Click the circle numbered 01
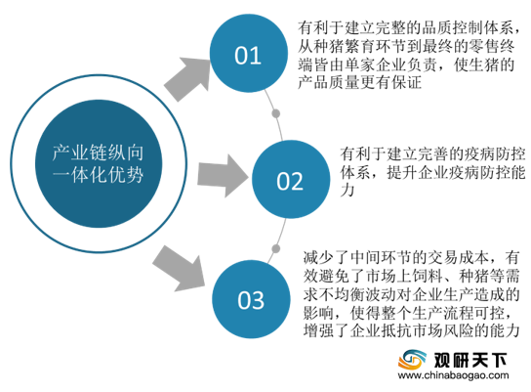pos(249,53)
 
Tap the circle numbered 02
pos(291,180)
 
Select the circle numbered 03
pos(251,299)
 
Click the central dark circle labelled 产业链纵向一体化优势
pos(99,163)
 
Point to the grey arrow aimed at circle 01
pos(188,78)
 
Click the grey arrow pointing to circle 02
pos(223,176)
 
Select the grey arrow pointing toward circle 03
pos(180,269)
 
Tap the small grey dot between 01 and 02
pos(276,113)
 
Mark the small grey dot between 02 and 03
pos(276,249)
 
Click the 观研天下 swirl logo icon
pos(412,360)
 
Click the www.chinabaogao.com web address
pos(454,375)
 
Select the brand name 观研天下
pos(470,360)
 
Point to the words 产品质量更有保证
pos(359,82)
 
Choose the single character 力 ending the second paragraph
pos(347,191)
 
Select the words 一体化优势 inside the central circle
pos(98,175)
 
